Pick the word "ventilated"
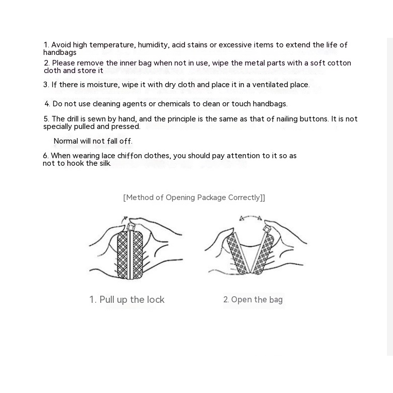coord(257,85)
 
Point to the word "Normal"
coord(65,141)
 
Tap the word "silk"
coord(104,163)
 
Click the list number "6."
coord(46,156)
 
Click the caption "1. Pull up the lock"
coord(127,300)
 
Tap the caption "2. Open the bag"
coord(253,300)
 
